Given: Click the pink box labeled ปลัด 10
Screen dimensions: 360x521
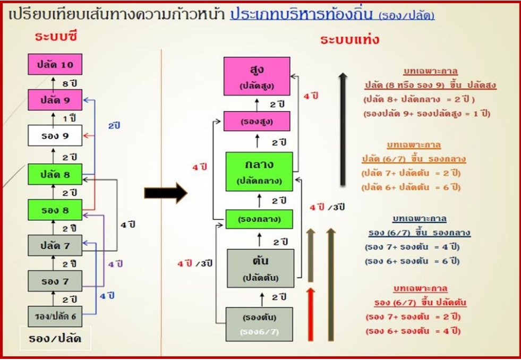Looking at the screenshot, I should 55,65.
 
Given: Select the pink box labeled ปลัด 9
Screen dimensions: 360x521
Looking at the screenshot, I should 55,100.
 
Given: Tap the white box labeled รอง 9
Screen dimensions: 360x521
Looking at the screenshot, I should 55,135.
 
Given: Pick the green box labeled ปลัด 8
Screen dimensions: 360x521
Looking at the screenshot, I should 55,174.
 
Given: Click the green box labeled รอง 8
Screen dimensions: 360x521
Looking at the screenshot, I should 55,210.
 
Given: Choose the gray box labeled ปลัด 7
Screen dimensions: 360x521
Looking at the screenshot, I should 55,245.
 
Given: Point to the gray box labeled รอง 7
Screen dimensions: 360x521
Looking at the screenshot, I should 55,281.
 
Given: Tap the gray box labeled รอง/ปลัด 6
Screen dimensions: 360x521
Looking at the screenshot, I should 55,316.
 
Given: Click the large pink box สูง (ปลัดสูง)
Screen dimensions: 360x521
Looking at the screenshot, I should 257,76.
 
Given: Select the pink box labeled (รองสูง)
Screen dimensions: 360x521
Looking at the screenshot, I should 257,121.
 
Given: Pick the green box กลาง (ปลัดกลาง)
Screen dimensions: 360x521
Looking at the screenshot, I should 259,171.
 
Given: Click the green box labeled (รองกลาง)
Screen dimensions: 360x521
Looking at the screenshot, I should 259,219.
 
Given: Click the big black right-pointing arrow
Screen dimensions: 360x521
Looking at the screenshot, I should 166,193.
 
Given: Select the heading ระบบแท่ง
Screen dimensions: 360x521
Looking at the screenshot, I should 350,39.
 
